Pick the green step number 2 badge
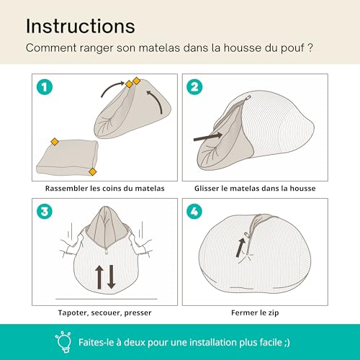(x=194, y=87)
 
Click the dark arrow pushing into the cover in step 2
(x=208, y=133)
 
